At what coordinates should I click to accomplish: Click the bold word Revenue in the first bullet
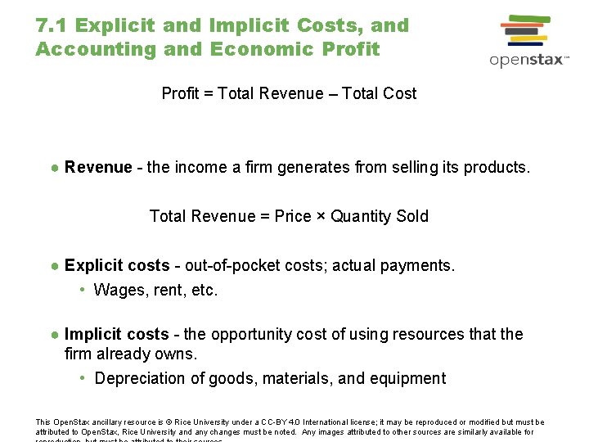coord(98,167)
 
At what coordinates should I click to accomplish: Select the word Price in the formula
coord(293,216)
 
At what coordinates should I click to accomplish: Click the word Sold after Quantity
coord(412,216)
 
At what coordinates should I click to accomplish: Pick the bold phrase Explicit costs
coord(117,265)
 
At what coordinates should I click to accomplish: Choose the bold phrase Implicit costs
coord(116,334)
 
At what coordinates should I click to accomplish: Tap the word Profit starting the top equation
coord(180,93)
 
